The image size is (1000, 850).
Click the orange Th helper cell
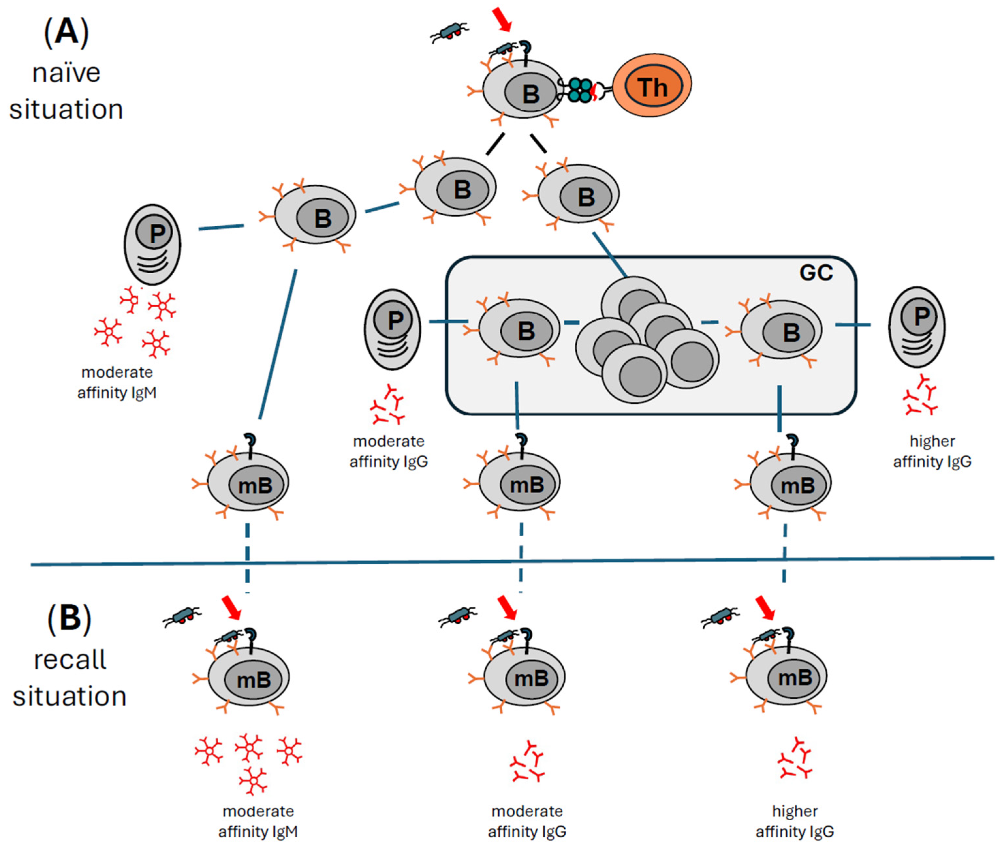(x=652, y=85)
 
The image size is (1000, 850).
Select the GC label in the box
(x=816, y=273)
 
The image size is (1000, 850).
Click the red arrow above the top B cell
(x=502, y=19)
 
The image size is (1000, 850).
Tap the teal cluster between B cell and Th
(x=580, y=90)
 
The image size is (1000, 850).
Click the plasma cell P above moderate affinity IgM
(x=152, y=245)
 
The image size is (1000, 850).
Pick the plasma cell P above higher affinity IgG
(x=916, y=327)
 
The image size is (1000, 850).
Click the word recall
(x=70, y=660)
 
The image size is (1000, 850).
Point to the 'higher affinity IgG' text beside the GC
(x=931, y=451)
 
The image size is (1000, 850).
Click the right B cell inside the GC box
(x=781, y=330)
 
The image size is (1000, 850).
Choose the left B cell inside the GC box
(x=519, y=329)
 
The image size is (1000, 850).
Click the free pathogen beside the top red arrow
(x=449, y=31)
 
